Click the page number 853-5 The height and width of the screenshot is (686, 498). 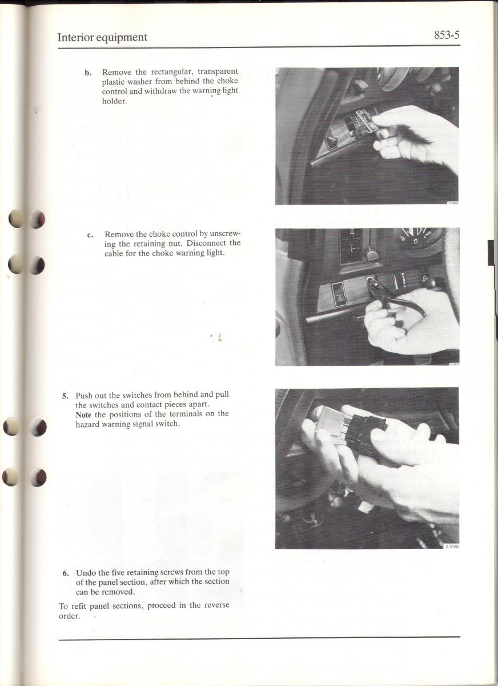447,35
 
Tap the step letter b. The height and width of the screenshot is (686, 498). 88,73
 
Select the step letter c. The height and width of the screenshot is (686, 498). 90,236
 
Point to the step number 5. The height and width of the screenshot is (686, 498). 65,396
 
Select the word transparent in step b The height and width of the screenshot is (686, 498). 218,71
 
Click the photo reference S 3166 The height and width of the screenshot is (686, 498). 452,547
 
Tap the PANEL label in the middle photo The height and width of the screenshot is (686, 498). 403,280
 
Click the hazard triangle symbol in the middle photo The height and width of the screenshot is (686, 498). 425,277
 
